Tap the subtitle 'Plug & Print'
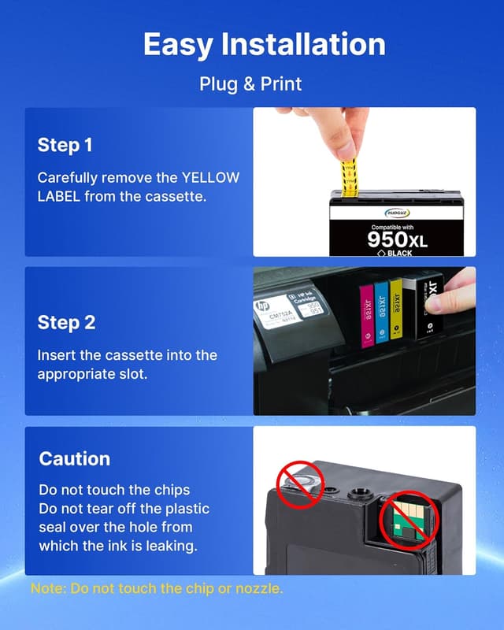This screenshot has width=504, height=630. tap(250, 83)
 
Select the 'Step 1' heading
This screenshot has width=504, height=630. tap(65, 145)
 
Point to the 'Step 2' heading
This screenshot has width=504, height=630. tap(65, 323)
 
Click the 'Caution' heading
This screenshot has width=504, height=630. tap(75, 458)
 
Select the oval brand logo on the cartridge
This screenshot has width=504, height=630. tap(398, 212)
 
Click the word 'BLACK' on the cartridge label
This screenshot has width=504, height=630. tap(399, 253)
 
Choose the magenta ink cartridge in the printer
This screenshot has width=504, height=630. tap(365, 313)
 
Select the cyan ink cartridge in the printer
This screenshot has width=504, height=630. tap(382, 311)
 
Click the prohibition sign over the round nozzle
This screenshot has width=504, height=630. tap(300, 485)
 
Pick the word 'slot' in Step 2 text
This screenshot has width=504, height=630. tap(132, 374)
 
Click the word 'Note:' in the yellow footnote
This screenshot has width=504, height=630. tap(48, 588)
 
